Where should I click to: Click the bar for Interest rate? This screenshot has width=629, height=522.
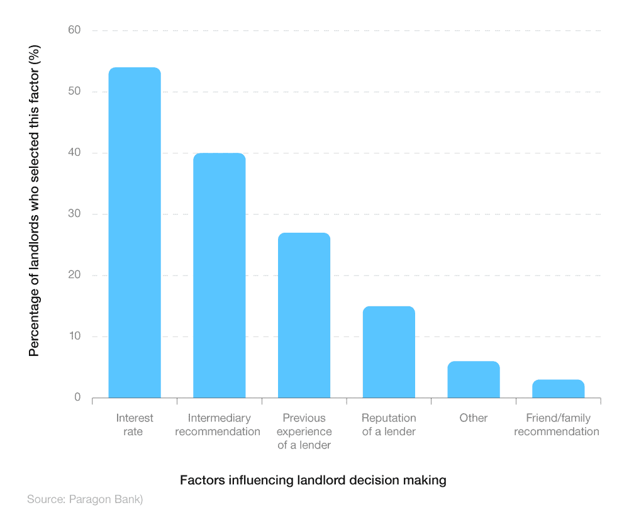click(x=135, y=233)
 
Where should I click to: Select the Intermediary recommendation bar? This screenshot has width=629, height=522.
click(x=220, y=275)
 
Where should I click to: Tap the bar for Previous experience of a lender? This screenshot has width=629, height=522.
click(x=304, y=315)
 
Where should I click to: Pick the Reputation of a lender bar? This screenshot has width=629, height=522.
click(x=389, y=352)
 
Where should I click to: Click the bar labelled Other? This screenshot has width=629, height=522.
click(x=474, y=380)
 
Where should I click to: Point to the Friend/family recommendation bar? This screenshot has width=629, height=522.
click(x=558, y=389)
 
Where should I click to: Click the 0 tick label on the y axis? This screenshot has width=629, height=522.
click(x=77, y=397)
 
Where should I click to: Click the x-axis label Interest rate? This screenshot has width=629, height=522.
click(x=135, y=425)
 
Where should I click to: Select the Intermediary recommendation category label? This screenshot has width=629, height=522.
click(x=220, y=425)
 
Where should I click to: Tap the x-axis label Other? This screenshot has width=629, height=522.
click(x=474, y=418)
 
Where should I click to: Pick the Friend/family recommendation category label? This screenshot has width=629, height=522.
click(x=557, y=425)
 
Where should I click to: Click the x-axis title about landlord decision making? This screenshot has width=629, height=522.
click(x=313, y=480)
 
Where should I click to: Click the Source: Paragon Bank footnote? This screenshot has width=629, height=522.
click(x=85, y=500)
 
